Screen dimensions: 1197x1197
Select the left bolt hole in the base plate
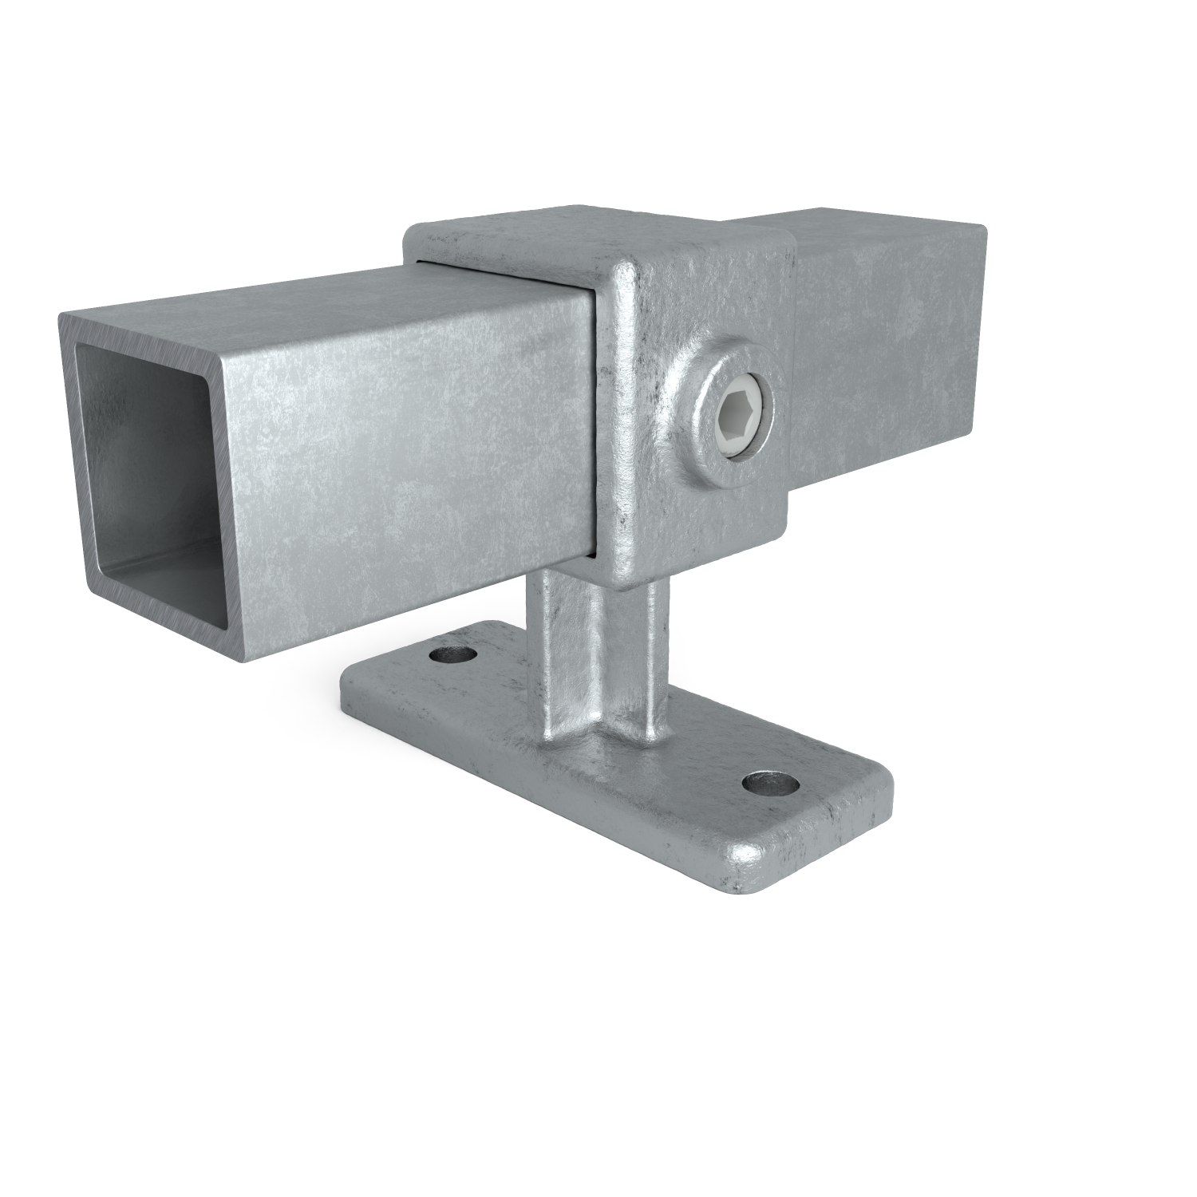click(452, 655)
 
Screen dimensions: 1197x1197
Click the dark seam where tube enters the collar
click(595, 423)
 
